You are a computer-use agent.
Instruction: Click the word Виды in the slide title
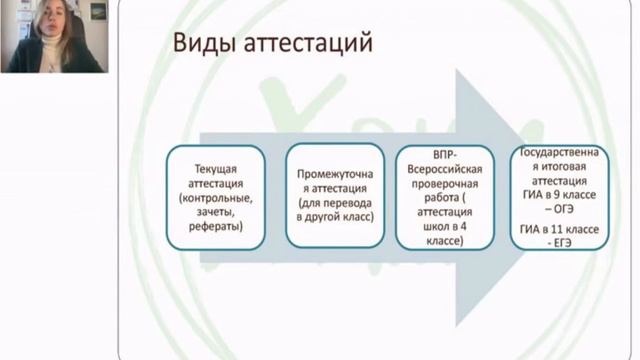point(204,42)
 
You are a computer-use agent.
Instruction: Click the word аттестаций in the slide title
point(308,43)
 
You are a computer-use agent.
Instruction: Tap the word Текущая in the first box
point(216,169)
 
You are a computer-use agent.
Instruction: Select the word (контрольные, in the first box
point(216,198)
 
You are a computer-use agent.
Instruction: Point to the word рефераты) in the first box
point(216,227)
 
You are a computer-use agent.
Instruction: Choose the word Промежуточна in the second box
point(335,174)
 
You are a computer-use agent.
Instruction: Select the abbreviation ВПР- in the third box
point(445,155)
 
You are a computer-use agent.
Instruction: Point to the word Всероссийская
point(445,169)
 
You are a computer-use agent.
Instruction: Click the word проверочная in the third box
point(445,184)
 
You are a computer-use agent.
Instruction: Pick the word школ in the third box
point(438,226)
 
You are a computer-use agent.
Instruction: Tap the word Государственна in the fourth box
point(559,152)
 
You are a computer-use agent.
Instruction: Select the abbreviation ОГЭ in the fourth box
point(564,209)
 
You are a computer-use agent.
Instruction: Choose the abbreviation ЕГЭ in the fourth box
point(563,243)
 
